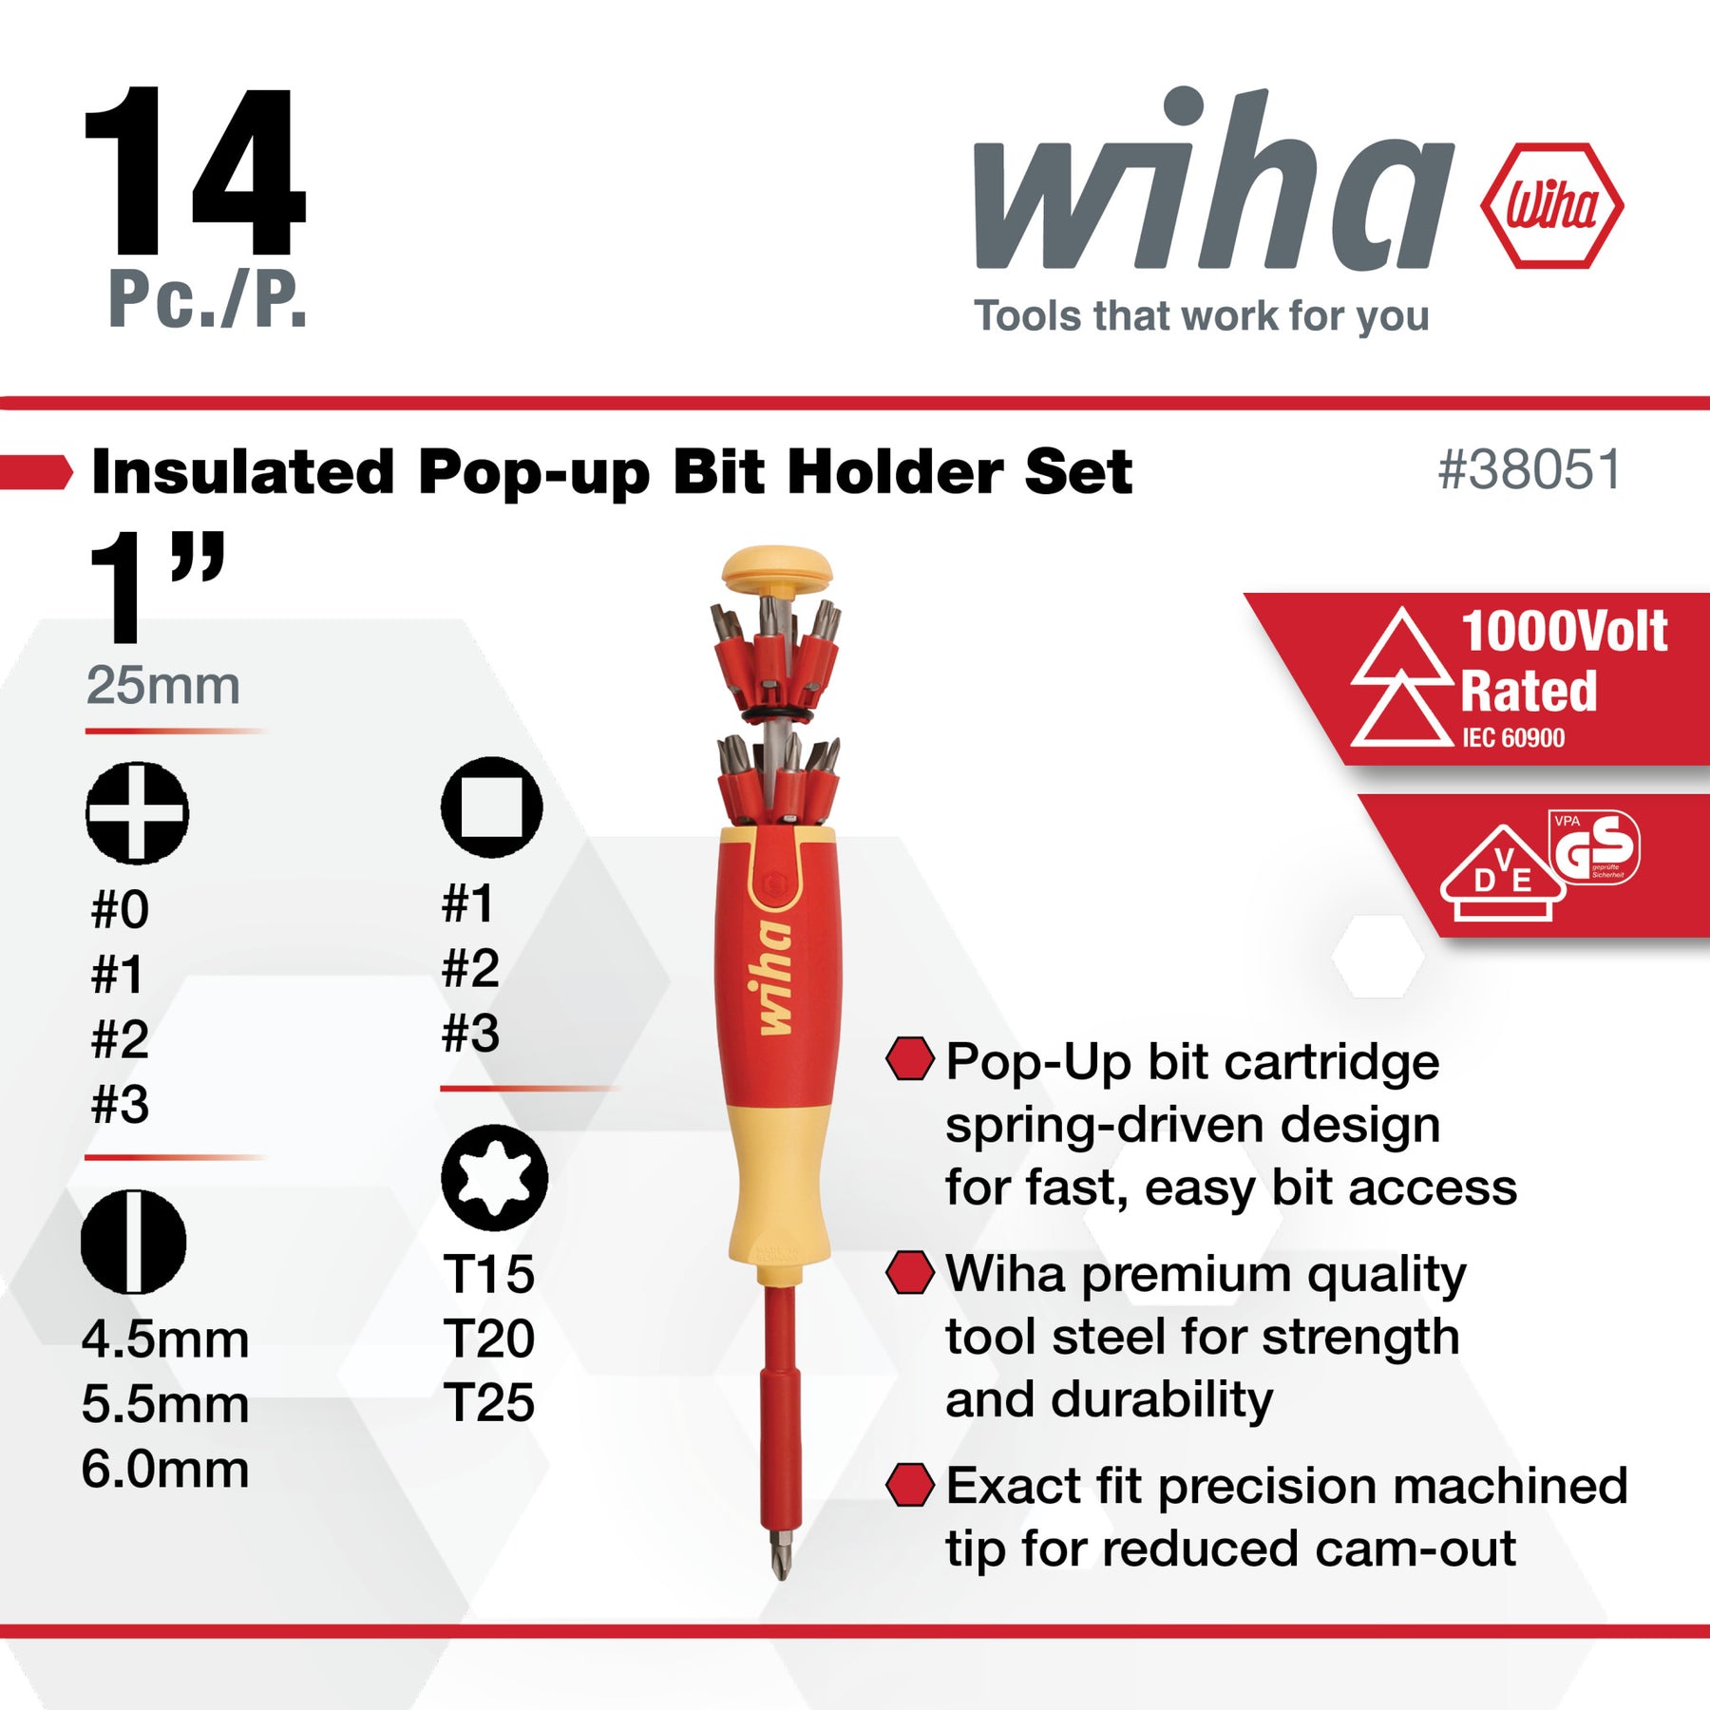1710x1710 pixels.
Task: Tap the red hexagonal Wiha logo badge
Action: pyautogui.click(x=1551, y=205)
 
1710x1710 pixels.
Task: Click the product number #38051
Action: pyautogui.click(x=1529, y=469)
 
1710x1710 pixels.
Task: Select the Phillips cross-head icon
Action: pyautogui.click(x=137, y=813)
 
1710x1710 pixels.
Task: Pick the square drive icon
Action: pyautogui.click(x=491, y=807)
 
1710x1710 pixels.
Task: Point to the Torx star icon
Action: pyautogui.click(x=494, y=1178)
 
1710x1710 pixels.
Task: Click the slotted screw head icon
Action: pyautogui.click(x=134, y=1241)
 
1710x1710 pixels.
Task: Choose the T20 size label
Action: pyautogui.click(x=488, y=1338)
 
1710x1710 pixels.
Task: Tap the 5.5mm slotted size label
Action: pyautogui.click(x=165, y=1403)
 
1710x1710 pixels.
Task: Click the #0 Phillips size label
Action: pyautogui.click(x=120, y=909)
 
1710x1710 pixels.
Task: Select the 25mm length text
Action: pyautogui.click(x=162, y=685)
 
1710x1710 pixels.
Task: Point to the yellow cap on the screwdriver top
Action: pyautogui.click(x=776, y=569)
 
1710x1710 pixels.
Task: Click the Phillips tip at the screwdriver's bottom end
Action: pyautogui.click(x=781, y=1554)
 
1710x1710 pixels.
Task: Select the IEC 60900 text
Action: pyautogui.click(x=1512, y=738)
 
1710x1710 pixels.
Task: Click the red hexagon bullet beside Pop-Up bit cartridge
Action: pyautogui.click(x=909, y=1059)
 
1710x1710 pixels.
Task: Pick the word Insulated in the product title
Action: pyautogui.click(x=242, y=471)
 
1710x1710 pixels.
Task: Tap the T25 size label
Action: pyautogui.click(x=488, y=1402)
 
